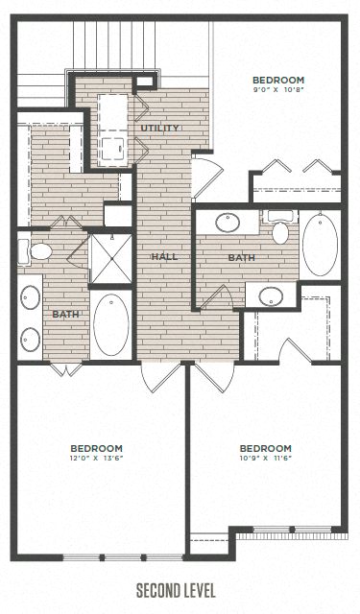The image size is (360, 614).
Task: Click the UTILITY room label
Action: (158, 128)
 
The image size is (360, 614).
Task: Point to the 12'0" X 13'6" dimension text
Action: (97, 459)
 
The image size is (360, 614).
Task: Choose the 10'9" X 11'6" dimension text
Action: (265, 459)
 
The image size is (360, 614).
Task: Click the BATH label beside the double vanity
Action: (65, 314)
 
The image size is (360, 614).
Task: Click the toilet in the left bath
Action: (38, 252)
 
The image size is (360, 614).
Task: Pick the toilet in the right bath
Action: (280, 231)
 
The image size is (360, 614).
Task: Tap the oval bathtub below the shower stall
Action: (110, 323)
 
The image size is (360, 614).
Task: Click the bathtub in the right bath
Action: (320, 244)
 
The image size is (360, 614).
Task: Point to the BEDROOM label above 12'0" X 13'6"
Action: (97, 447)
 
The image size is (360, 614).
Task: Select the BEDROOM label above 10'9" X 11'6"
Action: (265, 447)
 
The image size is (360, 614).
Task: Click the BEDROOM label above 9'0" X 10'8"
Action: (278, 81)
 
